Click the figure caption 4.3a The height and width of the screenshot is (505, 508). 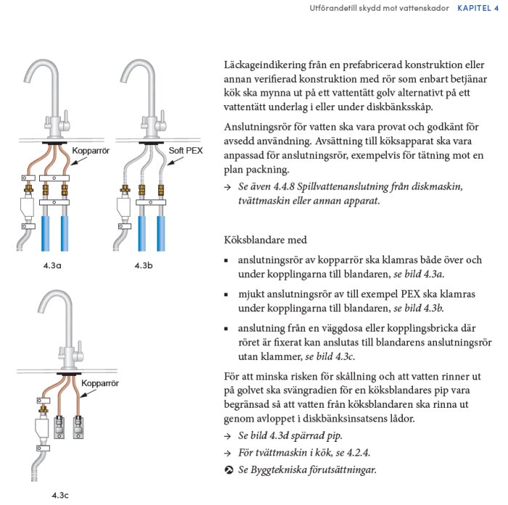(52, 266)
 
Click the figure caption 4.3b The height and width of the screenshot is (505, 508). (144, 266)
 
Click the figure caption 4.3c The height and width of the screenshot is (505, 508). (61, 496)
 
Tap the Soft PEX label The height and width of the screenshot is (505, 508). (186, 151)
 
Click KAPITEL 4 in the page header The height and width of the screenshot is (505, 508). (483, 8)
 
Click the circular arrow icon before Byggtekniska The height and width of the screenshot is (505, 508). (229, 470)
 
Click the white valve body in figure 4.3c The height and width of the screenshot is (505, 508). (40, 430)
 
